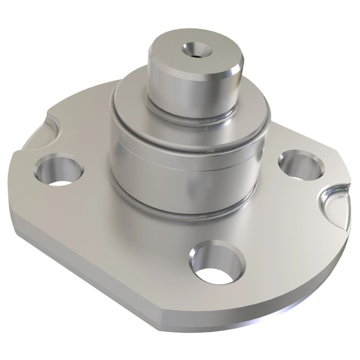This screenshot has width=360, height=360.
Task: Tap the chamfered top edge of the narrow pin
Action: tap(234, 70)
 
